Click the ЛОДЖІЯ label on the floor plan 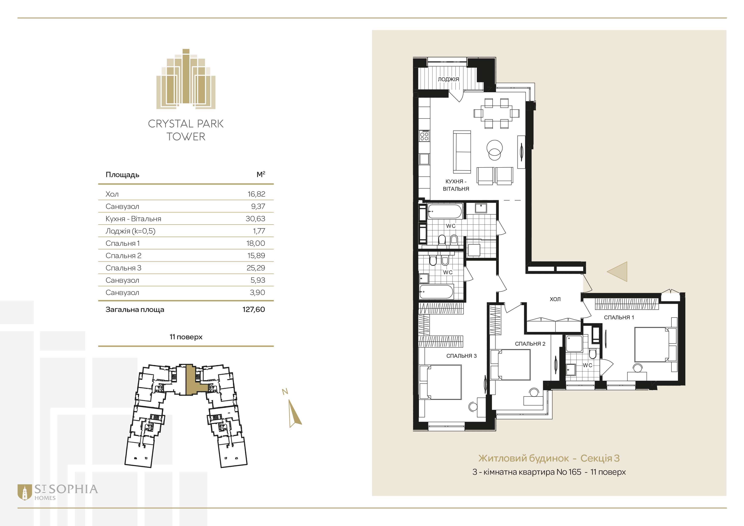pos(448,79)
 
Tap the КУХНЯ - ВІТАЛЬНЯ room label pos(456,185)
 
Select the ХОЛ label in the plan pos(555,299)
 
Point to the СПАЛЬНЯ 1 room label pos(619,318)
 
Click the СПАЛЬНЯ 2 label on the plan pos(530,344)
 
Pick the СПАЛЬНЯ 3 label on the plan pos(461,356)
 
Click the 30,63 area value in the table pos(255,219)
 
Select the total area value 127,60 pos(254,309)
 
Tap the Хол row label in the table pos(112,194)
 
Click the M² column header pos(261,174)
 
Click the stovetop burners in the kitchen pos(425,135)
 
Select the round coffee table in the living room pos(495,150)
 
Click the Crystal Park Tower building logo pos(186,79)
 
